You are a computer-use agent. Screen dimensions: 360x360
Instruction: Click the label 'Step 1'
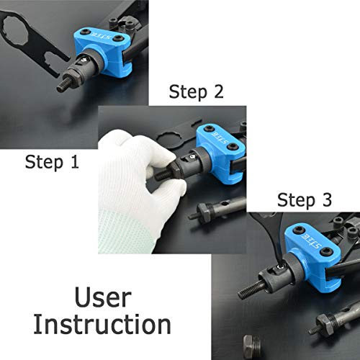pos(52,162)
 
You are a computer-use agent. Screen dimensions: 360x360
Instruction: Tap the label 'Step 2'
pos(196,92)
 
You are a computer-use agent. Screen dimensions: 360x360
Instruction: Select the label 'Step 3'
pos(305,200)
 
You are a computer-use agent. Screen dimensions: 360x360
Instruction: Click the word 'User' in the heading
pos(103,297)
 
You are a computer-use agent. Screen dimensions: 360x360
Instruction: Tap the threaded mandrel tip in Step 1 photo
pos(64,84)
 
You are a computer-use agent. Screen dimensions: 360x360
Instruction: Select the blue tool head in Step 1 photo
pos(104,51)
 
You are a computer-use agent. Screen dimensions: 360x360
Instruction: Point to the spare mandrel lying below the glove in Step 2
pos(217,210)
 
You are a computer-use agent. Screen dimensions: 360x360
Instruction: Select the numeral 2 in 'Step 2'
pos(218,91)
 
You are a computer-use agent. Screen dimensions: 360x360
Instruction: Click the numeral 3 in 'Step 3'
pos(327,199)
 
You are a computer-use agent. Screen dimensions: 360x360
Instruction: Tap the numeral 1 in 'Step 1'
pos(74,161)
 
